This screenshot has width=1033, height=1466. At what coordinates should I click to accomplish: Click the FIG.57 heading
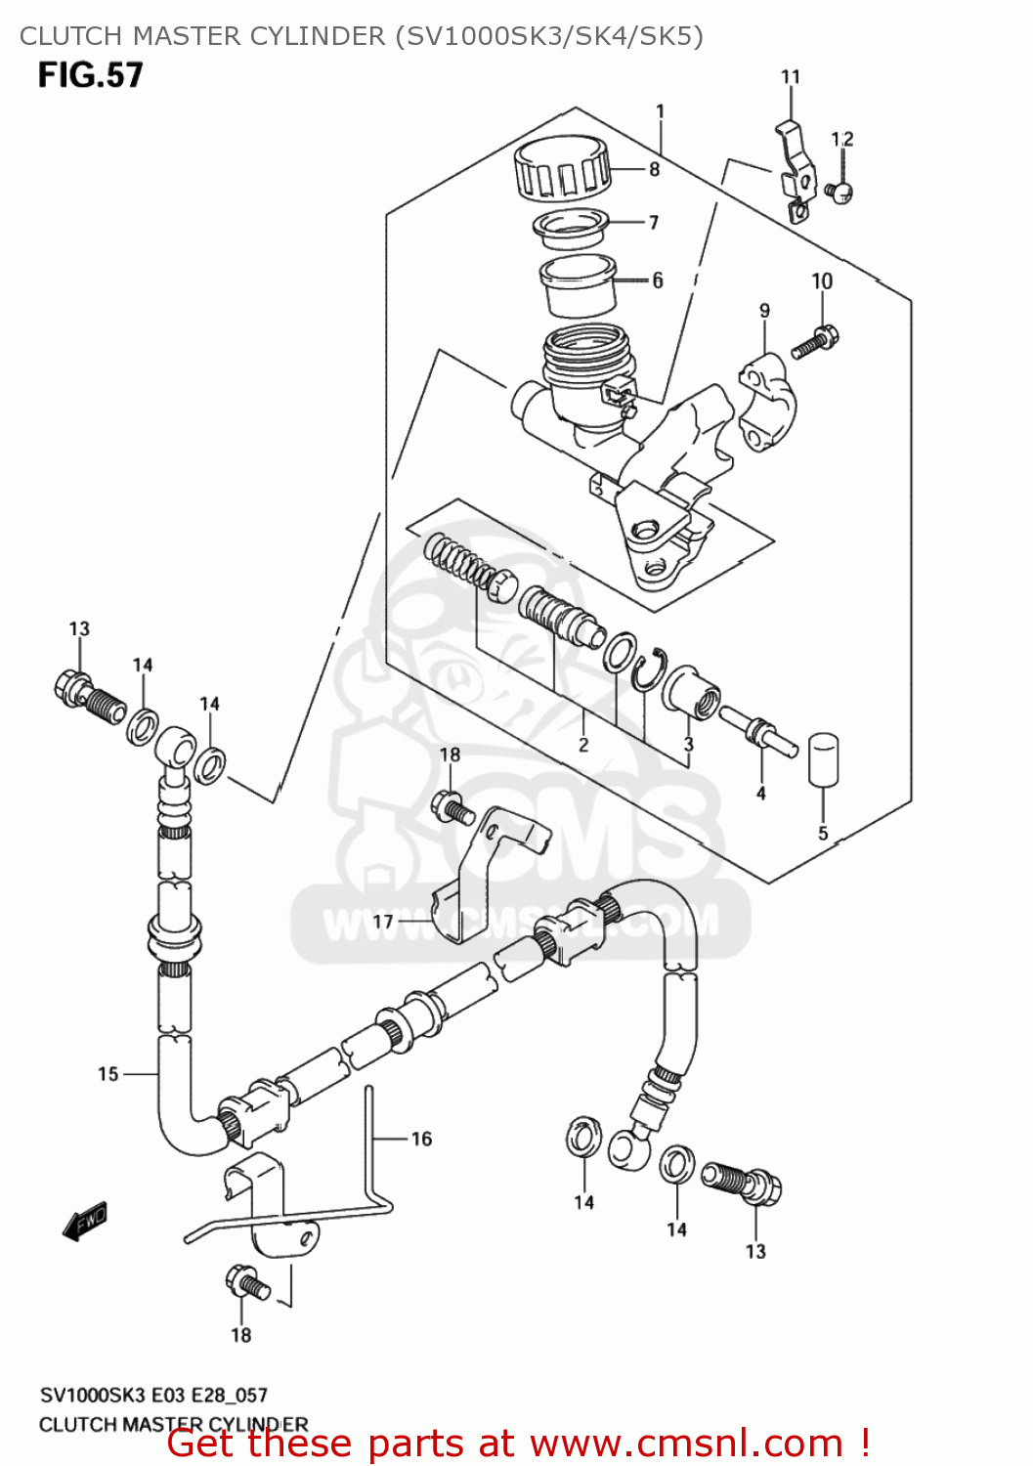coord(90,75)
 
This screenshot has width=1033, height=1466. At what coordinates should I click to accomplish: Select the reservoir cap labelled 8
coord(561,167)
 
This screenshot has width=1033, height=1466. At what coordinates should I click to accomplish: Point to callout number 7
coord(654,223)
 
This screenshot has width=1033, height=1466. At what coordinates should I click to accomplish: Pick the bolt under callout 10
coord(815,343)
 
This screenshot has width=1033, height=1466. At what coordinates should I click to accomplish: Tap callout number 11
coord(790,76)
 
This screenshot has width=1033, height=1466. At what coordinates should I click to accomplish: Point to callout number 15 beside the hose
coord(108,1074)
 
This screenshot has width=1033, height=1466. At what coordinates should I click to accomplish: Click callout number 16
coord(421,1139)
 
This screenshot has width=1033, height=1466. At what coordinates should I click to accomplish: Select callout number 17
coord(383,921)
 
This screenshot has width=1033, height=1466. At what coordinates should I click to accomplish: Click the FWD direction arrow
coord(84,1223)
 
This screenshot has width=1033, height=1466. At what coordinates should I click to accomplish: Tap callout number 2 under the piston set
coord(583,745)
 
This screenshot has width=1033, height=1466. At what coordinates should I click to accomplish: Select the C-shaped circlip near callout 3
coord(647,670)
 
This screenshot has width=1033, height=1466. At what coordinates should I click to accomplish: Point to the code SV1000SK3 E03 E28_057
coord(153,1395)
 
